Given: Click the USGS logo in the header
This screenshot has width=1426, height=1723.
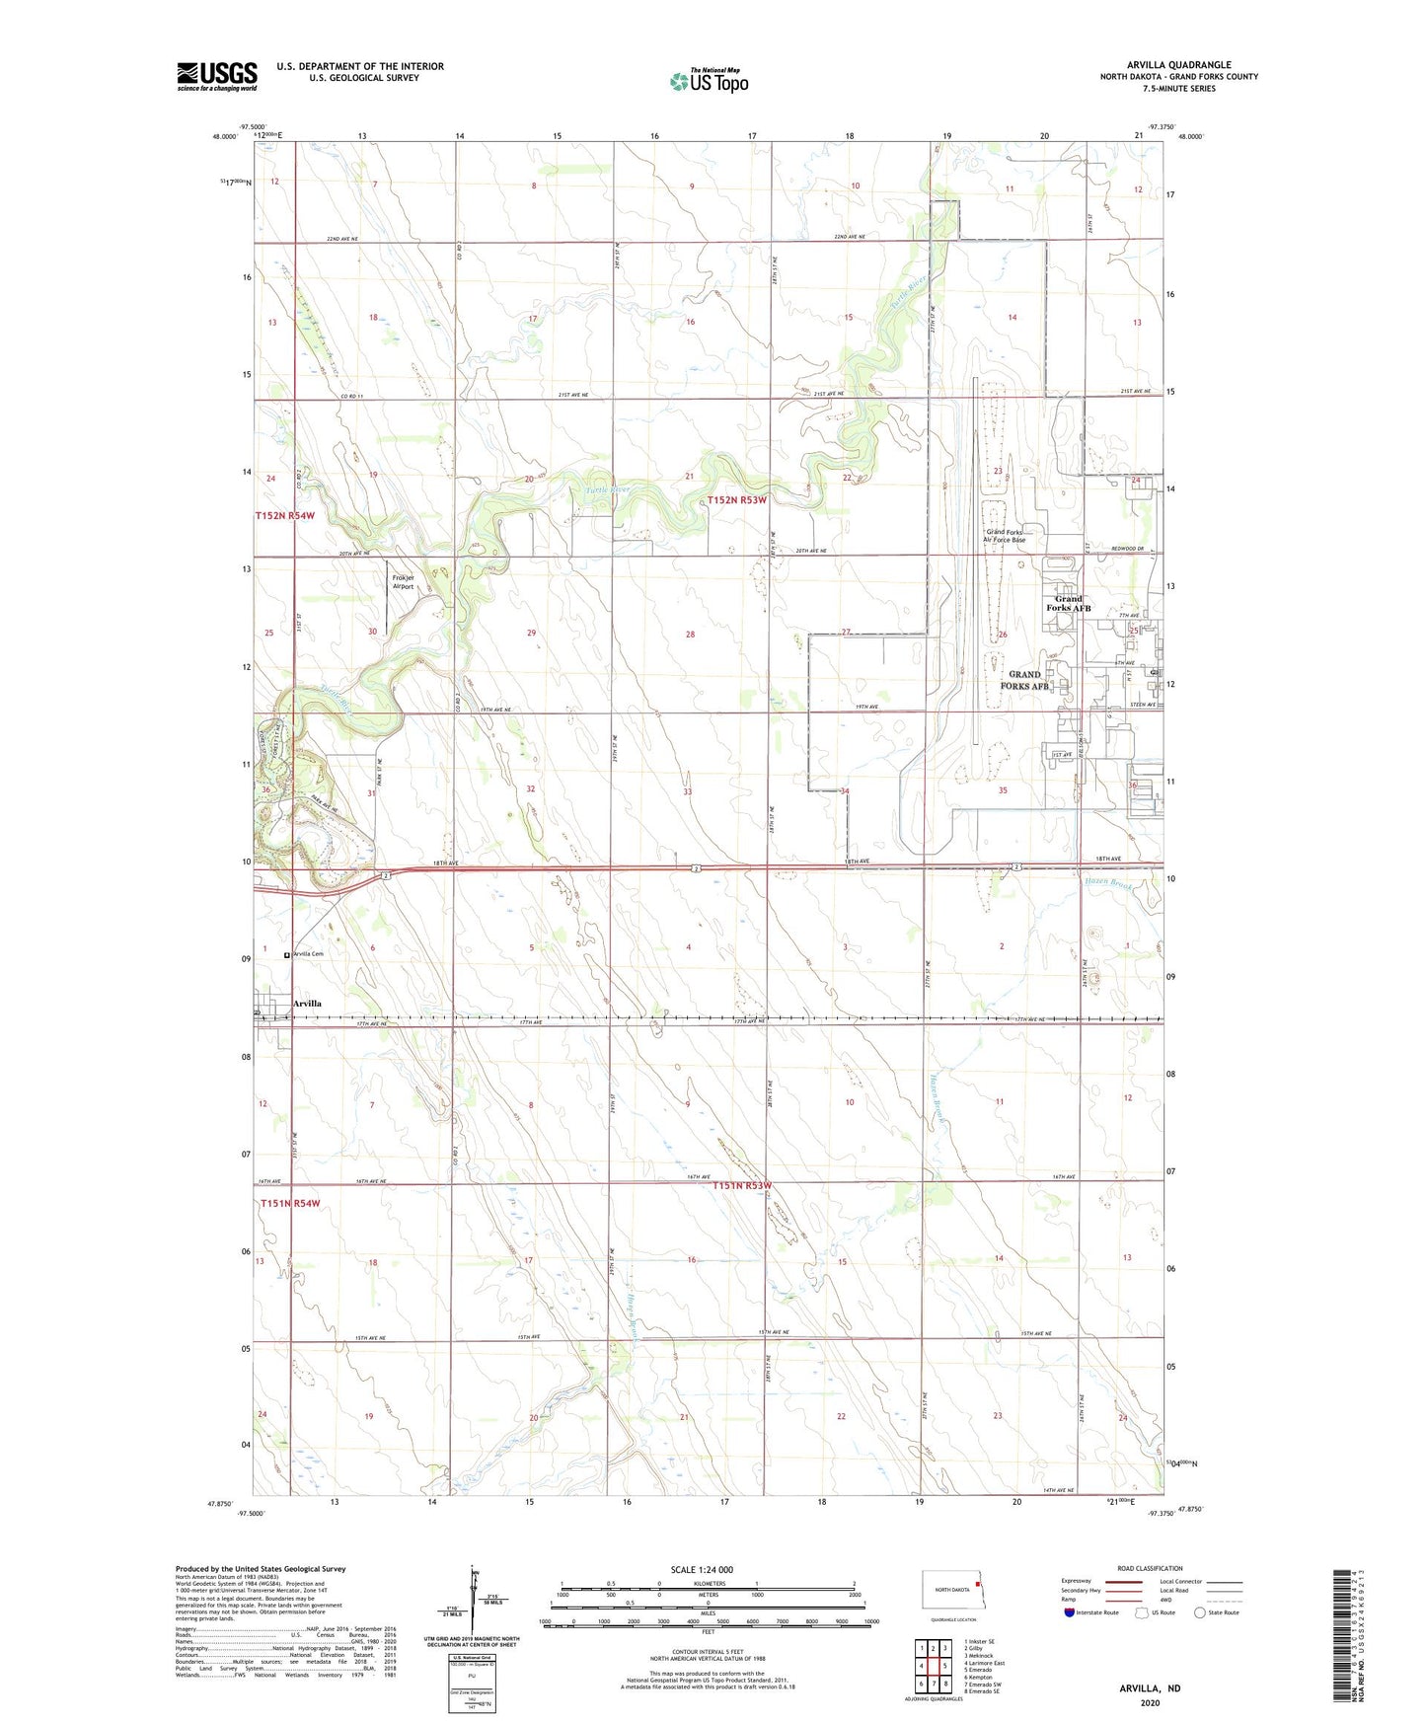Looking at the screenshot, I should pyautogui.click(x=217, y=76).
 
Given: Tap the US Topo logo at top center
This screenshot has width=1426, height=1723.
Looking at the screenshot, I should pyautogui.click(x=709, y=81).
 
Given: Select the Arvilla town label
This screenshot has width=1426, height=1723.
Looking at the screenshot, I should pyautogui.click(x=307, y=1004).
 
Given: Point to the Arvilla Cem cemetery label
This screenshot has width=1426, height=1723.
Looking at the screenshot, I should pyautogui.click(x=308, y=954).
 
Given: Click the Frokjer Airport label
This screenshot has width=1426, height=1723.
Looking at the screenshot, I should pyautogui.click(x=403, y=582).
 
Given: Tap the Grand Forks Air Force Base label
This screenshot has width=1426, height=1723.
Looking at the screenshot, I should pyautogui.click(x=1006, y=536).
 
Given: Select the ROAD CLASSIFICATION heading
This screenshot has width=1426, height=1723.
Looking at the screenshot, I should pyautogui.click(x=1150, y=1568).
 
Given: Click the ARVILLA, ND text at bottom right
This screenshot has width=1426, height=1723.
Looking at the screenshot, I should pyautogui.click(x=1150, y=1688).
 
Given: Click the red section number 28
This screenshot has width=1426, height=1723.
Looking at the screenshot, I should pyautogui.click(x=691, y=635).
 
